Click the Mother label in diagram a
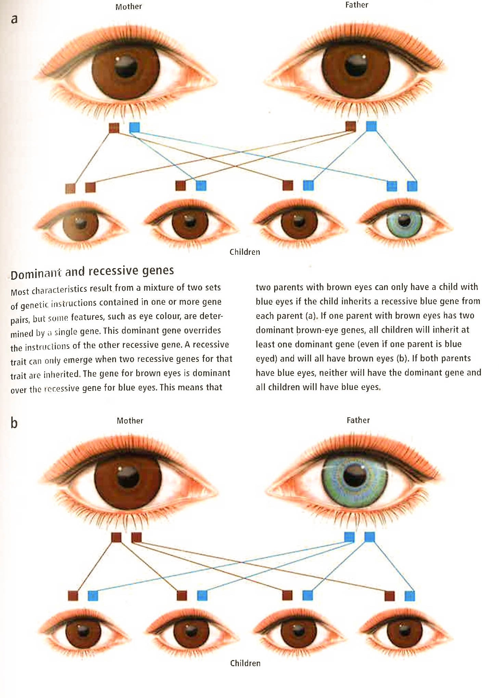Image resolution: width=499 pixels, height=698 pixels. point(128,6)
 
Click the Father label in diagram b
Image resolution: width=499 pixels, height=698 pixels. point(358,420)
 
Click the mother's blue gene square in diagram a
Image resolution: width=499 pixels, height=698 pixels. point(135,127)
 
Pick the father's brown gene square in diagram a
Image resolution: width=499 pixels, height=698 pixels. point(351,126)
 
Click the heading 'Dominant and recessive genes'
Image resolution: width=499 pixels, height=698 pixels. point(92,272)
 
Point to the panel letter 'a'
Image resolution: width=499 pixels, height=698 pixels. point(14,19)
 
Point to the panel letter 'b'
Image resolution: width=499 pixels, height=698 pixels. point(14,423)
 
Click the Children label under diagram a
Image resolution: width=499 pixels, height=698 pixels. point(245,252)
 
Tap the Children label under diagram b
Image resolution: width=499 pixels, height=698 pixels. point(245,663)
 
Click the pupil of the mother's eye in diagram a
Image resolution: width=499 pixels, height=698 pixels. point(126,66)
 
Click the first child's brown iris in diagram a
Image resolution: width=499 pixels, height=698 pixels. point(80,225)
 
